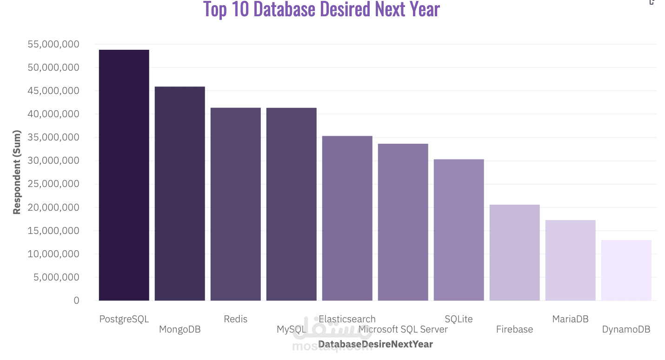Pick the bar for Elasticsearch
coord(347,218)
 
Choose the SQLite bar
coord(459,230)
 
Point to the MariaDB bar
coord(570,260)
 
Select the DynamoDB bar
coord(626,270)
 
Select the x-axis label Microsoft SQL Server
coord(403,329)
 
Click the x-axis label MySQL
coord(291,329)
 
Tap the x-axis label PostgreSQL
coord(124,319)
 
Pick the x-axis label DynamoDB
coord(626,329)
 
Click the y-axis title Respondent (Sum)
coord(17,172)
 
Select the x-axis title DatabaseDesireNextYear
coord(375,344)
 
